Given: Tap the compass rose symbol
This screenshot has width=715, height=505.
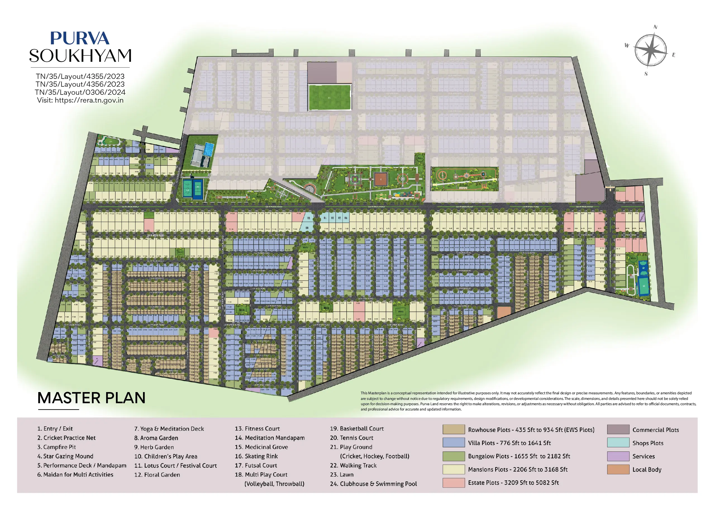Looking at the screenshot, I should coord(650,51).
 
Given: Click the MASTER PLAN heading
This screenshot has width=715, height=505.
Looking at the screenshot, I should coord(91,398).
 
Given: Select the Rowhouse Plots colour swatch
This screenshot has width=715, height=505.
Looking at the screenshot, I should coord(453,429).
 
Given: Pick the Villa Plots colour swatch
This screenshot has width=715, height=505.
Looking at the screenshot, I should coord(453,443).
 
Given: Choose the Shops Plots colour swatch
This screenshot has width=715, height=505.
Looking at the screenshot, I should coord(618,443).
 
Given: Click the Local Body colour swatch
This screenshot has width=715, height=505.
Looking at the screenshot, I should coord(618,469).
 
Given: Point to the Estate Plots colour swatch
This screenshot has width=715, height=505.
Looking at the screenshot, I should coord(453,483).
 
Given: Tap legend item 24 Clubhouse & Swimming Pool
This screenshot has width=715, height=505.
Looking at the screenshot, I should coord(373,484).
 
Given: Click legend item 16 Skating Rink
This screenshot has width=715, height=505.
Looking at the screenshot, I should coord(256,456).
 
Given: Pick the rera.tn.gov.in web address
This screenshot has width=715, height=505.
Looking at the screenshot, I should coord(89,100).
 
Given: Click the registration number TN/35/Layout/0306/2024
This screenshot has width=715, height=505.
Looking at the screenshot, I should coord(80,92).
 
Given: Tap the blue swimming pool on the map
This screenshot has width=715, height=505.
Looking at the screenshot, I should coord(209,149).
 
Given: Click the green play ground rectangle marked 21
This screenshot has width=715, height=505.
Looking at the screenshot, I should coord(330,97).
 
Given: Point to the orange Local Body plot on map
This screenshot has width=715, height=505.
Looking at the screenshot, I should coord(504,312).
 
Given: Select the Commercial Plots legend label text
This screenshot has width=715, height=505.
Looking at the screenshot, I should coord(656,430).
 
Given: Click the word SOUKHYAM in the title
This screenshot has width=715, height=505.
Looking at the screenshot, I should coord(80,56).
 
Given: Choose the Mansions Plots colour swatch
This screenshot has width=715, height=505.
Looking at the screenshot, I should coord(453,469).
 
